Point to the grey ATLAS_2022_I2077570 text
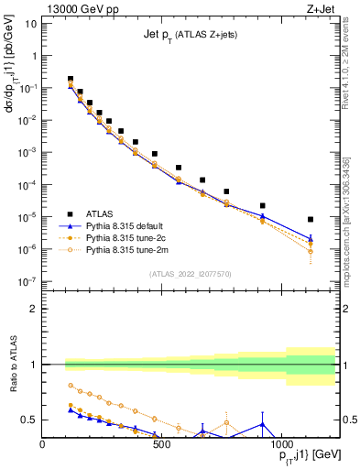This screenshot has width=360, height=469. click(x=189, y=274)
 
